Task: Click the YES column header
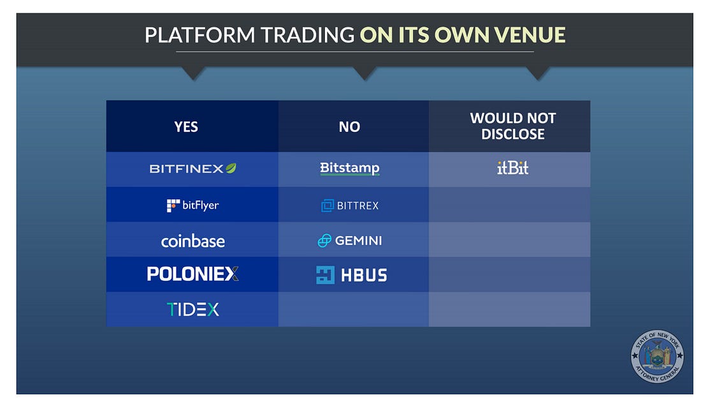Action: [186, 127]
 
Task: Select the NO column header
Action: [349, 127]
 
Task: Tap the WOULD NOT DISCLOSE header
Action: [513, 126]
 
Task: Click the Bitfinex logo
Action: [192, 168]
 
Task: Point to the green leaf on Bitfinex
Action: [231, 168]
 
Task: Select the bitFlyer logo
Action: [192, 205]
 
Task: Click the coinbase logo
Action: [192, 241]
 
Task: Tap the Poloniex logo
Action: [192, 274]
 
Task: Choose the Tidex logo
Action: [192, 309]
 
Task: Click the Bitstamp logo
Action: [350, 168]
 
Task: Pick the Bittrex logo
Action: [350, 205]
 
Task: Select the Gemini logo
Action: [350, 241]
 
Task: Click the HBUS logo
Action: [351, 275]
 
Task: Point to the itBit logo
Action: [513, 168]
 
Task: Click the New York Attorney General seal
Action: [657, 356]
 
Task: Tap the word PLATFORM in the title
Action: [200, 35]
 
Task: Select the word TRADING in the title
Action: [308, 35]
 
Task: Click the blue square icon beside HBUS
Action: [325, 275]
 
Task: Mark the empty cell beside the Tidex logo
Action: [353, 309]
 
